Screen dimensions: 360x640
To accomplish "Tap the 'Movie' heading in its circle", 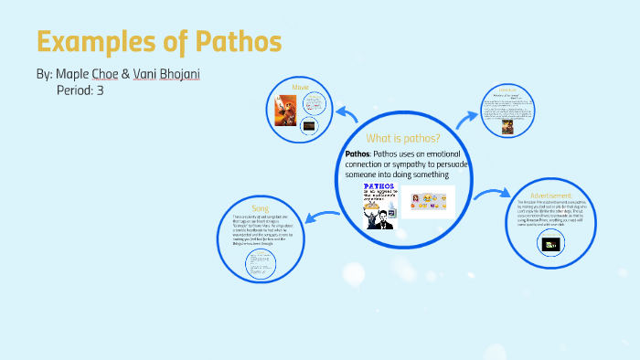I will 301,86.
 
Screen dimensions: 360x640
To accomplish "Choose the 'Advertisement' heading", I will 549,195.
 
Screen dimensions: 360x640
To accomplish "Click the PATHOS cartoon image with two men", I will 377,205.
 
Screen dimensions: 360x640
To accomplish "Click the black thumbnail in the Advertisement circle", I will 551,243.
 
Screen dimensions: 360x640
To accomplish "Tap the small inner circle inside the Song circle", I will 260,265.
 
